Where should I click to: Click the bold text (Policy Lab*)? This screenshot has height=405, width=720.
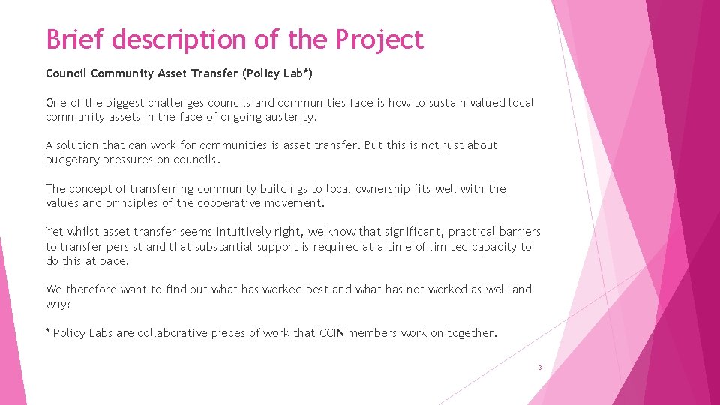click(285, 73)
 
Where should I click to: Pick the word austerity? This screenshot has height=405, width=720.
click(287, 117)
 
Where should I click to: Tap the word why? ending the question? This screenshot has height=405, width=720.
click(58, 304)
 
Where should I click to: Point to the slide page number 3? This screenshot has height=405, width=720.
click(539, 367)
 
